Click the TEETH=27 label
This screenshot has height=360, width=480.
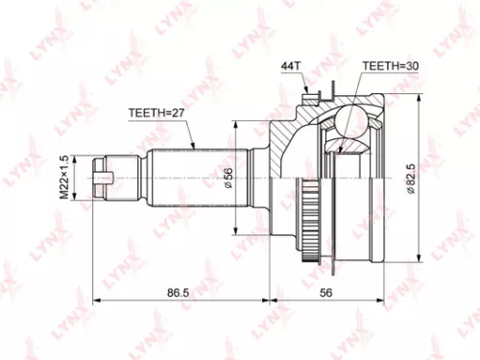tap(156, 111)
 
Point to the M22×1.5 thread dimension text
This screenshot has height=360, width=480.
tap(64, 176)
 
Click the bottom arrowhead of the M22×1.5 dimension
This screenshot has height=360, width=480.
tap(75, 201)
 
